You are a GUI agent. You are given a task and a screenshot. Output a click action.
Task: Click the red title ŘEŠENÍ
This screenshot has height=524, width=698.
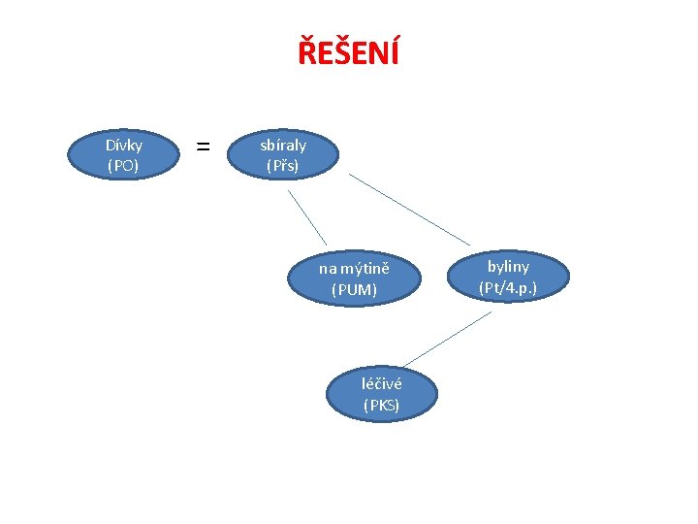click(x=348, y=51)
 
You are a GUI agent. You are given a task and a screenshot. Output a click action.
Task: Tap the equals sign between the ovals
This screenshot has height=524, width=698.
click(x=203, y=147)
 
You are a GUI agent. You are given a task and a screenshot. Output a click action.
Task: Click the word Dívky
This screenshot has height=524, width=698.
click(x=123, y=145)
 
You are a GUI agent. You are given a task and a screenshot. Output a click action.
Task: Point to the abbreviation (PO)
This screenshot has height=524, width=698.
click(x=123, y=165)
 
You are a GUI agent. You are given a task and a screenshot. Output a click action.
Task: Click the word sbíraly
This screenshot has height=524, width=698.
click(x=283, y=145)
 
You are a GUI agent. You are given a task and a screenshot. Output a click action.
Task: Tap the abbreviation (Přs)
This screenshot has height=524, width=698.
click(x=283, y=166)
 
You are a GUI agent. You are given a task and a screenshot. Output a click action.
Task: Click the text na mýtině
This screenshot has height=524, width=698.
click(x=354, y=268)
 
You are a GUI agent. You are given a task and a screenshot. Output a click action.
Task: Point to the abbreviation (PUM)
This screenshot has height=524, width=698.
click(x=354, y=289)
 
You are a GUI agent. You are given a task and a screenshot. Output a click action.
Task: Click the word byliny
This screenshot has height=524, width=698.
click(x=508, y=266)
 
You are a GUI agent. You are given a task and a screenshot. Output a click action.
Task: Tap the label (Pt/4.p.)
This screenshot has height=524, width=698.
click(x=508, y=287)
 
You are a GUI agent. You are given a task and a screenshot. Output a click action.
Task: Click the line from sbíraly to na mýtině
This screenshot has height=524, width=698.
click(x=306, y=216)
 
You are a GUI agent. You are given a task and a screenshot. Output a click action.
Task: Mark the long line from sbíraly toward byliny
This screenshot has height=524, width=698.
click(x=409, y=211)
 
